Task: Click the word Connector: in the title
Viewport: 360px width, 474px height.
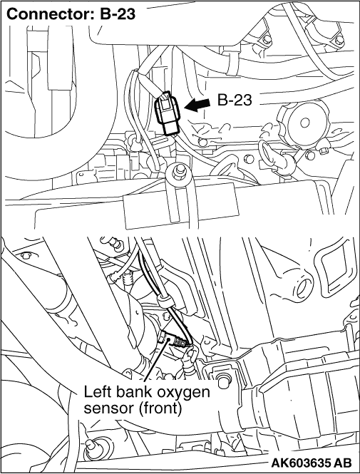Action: pos(50,14)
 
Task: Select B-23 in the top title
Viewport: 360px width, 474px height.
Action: pos(118,14)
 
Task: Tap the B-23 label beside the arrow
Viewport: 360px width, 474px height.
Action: pos(235,100)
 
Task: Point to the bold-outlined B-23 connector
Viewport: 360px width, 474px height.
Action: pos(167,113)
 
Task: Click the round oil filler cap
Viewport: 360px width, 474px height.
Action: pos(304,122)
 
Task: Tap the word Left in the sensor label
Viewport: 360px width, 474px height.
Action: pos(96,392)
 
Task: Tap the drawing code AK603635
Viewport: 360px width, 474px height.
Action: pos(302,463)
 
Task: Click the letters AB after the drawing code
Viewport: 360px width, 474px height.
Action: pos(343,463)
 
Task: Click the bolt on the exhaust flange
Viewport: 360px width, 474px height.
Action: pos(223,380)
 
